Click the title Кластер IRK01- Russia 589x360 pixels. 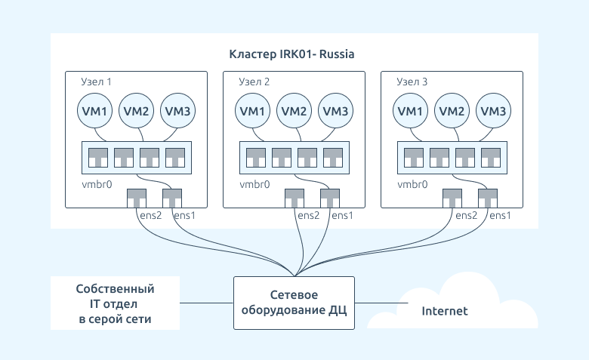tap(291, 54)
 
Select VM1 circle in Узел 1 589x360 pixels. tap(94, 111)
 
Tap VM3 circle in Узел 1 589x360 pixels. tap(177, 111)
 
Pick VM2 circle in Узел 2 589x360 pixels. tap(294, 111)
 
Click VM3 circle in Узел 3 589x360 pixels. tap(493, 111)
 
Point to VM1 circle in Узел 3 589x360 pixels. tap(410, 111)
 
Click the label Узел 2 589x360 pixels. tap(254, 82)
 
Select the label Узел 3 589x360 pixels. tap(412, 82)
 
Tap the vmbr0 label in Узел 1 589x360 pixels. tap(97, 184)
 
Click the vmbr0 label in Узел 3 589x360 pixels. tap(412, 184)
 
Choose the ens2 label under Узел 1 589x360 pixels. tap(150, 216)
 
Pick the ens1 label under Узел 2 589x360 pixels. tap(343, 216)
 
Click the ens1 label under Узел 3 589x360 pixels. tap(501, 216)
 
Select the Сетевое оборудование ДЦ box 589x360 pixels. tap(294, 303)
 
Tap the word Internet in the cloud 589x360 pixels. tap(445, 311)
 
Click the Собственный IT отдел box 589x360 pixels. tap(115, 303)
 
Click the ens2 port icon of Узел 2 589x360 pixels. tap(294, 198)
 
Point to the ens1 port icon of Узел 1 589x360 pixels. tap(172, 198)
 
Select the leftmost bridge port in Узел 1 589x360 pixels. tap(98, 158)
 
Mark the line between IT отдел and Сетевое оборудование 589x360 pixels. tap(207, 303)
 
